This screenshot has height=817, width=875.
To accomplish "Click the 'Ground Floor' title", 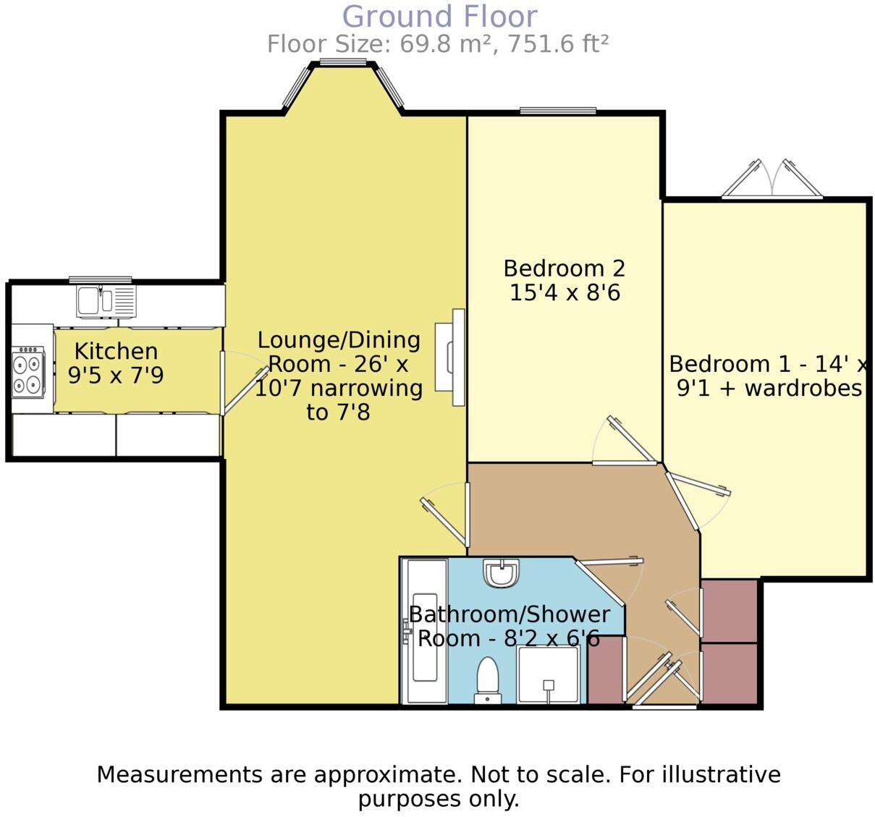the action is [x=439, y=17].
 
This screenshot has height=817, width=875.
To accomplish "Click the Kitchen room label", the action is [x=116, y=352].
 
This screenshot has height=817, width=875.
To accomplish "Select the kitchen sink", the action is [x=106, y=301].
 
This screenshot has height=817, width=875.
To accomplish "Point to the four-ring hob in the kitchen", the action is [x=28, y=372].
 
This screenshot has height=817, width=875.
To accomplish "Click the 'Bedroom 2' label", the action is [x=564, y=268].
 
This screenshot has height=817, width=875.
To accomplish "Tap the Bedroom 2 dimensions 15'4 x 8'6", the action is [x=565, y=293].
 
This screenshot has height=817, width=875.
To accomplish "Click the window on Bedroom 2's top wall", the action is [x=557, y=111].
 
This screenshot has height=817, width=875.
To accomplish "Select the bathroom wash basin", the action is [x=501, y=572].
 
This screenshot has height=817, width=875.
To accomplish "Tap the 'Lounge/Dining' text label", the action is [x=339, y=339].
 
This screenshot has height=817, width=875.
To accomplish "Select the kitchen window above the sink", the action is [x=100, y=279].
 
